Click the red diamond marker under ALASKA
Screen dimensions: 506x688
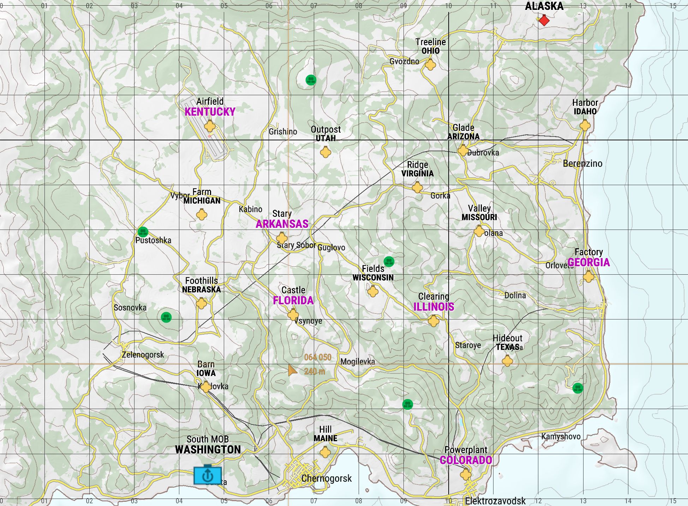pos(544,20)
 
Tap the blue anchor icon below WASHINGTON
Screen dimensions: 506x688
pos(208,476)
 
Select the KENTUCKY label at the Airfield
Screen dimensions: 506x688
pos(210,112)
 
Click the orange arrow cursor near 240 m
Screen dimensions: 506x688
pos(292,370)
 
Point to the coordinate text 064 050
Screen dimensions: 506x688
pos(318,357)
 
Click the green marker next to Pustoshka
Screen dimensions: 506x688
pos(143,232)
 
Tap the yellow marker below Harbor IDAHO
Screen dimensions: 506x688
pos(585,125)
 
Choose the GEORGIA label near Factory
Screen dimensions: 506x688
pos(588,262)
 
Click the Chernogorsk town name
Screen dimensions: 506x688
pos(327,478)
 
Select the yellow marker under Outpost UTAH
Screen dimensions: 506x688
pos(325,152)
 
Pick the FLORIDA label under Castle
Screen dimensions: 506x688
pos(293,300)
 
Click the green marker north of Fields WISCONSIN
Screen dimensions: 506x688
pos(389,261)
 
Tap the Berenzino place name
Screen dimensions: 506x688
pos(582,164)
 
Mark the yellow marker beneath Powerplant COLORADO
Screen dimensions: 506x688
pos(466,475)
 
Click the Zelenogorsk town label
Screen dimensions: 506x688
pos(143,355)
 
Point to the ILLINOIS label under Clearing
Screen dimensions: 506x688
pos(433,307)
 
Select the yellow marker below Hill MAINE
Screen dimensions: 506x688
pos(325,452)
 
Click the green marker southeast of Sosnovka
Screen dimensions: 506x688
pos(166,317)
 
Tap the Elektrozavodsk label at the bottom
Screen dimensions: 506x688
pos(495,501)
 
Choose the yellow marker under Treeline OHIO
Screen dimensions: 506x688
pos(430,65)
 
